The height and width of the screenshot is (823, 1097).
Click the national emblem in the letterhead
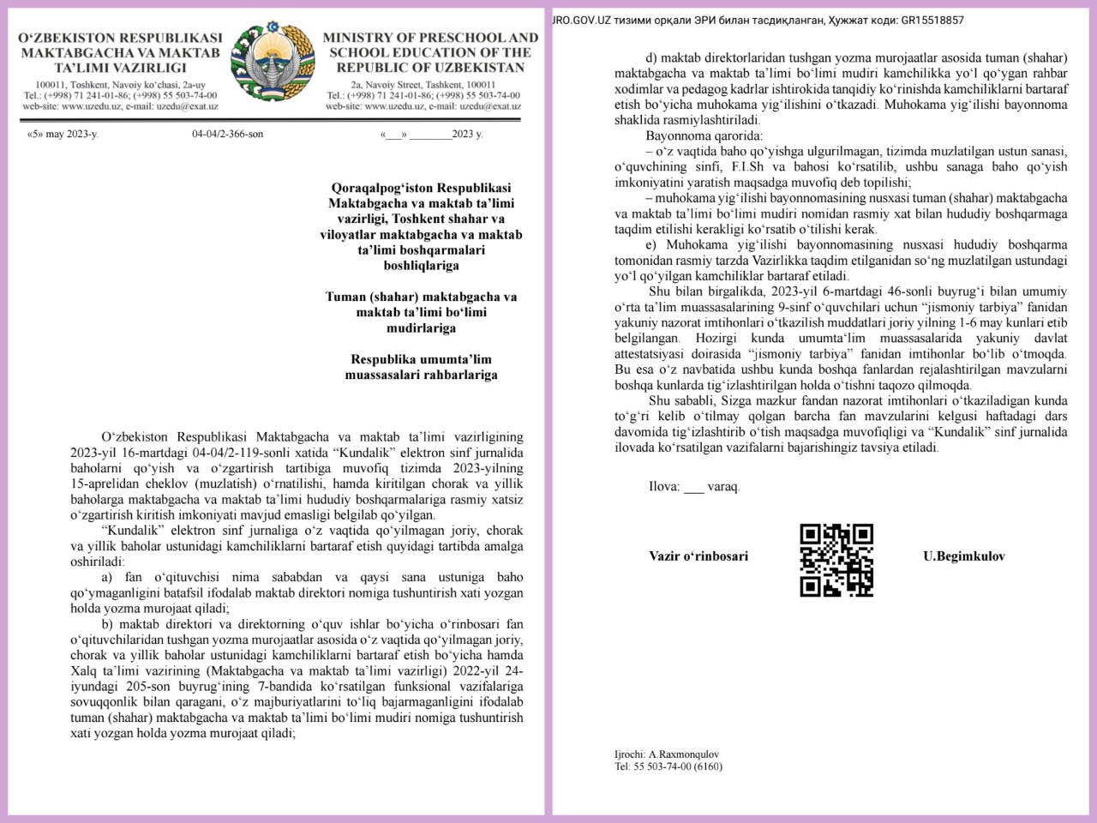[273, 65]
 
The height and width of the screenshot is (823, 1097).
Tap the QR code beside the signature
[836, 560]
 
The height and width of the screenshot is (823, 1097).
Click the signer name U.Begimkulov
[964, 556]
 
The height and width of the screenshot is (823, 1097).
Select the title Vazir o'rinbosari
[698, 556]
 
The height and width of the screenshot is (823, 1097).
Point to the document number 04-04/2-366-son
[227, 135]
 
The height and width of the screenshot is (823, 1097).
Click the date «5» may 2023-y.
[63, 135]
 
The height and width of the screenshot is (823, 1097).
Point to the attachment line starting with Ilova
[694, 486]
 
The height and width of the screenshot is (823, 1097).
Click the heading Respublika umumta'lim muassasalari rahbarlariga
[424, 367]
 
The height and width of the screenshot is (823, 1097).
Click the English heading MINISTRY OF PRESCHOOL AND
[430, 39]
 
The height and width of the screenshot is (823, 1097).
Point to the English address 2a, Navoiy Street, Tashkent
[423, 85]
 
